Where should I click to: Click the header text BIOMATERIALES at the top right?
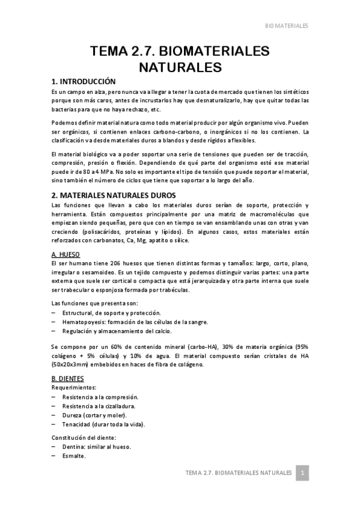(287, 26)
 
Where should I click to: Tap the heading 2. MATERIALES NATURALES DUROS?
(113, 195)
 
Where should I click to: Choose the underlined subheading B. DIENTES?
(67, 378)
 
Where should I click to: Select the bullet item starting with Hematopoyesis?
(127, 322)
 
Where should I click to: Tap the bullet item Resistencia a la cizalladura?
(99, 406)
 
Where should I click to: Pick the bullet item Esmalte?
(73, 456)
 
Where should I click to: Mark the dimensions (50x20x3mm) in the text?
(73, 365)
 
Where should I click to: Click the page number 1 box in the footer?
(304, 473)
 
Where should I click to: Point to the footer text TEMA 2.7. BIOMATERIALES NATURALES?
(239, 473)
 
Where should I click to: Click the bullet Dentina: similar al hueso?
(96, 447)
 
